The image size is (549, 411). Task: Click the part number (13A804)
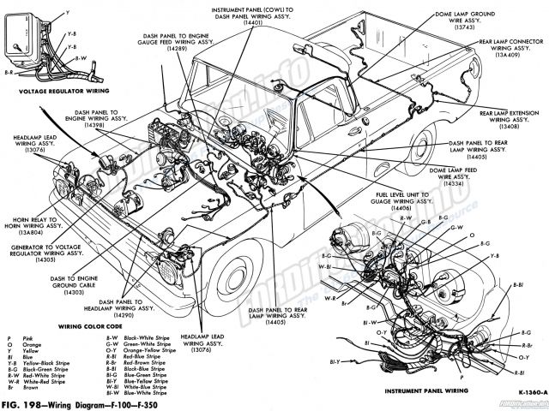coord(29,232)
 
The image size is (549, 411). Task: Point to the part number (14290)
coord(141,315)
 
